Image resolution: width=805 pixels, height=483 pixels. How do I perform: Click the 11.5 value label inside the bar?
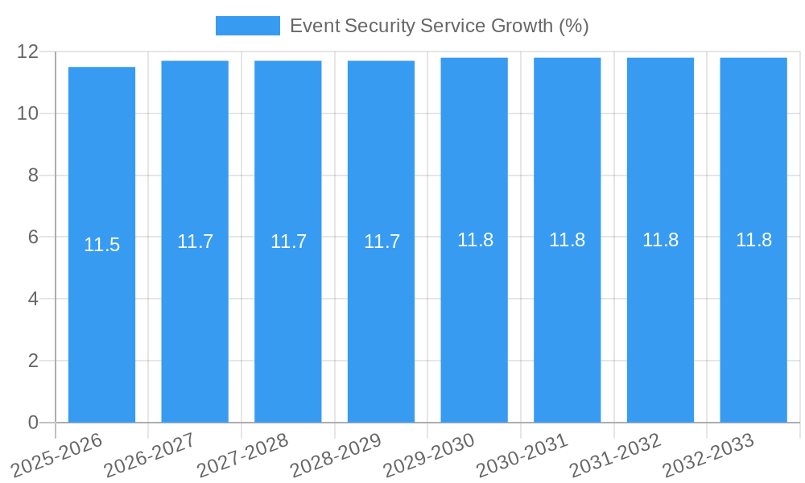101,245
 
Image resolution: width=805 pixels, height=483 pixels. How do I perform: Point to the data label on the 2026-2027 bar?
195,242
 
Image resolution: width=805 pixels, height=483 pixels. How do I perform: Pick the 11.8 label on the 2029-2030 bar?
475,240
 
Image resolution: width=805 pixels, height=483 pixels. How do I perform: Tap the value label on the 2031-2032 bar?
660,240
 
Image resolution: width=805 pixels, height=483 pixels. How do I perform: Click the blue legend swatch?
247,26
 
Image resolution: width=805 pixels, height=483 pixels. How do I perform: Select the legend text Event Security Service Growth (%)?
439,26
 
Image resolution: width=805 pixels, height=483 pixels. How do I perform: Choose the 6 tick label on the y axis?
33,237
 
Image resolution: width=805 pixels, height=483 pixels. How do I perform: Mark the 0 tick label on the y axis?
33,423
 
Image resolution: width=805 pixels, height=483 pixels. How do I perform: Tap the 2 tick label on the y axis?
33,361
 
